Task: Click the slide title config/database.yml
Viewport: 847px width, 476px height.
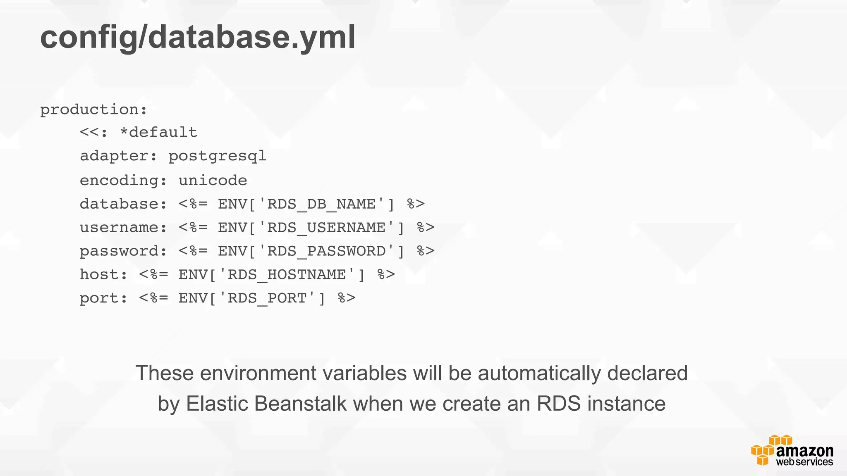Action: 198,37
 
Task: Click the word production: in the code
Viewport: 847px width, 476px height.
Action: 93,110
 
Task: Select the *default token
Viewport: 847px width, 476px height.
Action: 158,133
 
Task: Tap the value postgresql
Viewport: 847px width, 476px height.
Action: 218,157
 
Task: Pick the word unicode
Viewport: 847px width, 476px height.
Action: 213,181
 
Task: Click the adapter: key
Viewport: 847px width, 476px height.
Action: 118,156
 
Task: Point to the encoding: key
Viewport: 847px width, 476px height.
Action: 123,181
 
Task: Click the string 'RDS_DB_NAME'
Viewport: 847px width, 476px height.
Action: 321,204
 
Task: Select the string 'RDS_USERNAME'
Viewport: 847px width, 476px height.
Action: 326,228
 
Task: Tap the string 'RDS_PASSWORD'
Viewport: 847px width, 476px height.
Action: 326,251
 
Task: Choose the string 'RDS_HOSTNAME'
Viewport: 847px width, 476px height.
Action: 286,275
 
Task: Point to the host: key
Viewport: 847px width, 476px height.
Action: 103,275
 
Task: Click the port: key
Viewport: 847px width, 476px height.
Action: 103,298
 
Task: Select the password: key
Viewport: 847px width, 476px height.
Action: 123,251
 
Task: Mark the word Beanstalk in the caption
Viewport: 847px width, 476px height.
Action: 300,404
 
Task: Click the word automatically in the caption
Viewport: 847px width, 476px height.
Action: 539,373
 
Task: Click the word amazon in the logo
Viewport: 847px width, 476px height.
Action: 804,451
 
